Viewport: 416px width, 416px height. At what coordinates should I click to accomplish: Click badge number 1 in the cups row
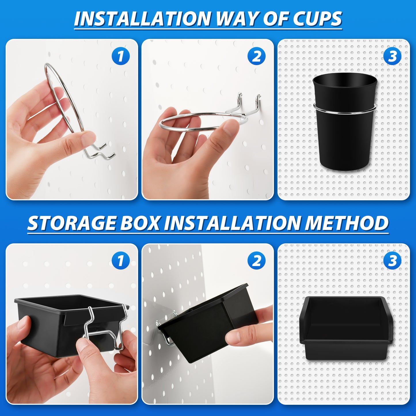(x=121, y=56)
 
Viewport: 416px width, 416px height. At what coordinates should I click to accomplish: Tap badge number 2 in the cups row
(x=257, y=56)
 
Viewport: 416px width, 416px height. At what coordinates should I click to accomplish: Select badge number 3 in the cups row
(x=392, y=56)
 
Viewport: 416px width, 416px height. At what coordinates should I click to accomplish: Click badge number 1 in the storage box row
(x=121, y=260)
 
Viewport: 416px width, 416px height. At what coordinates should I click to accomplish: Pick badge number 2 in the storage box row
(x=257, y=260)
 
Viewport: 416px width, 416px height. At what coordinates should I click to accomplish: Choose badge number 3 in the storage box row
(x=392, y=260)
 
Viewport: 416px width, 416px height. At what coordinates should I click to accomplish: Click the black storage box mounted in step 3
(x=346, y=328)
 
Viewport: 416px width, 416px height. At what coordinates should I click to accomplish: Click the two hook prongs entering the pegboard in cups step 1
(x=101, y=150)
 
